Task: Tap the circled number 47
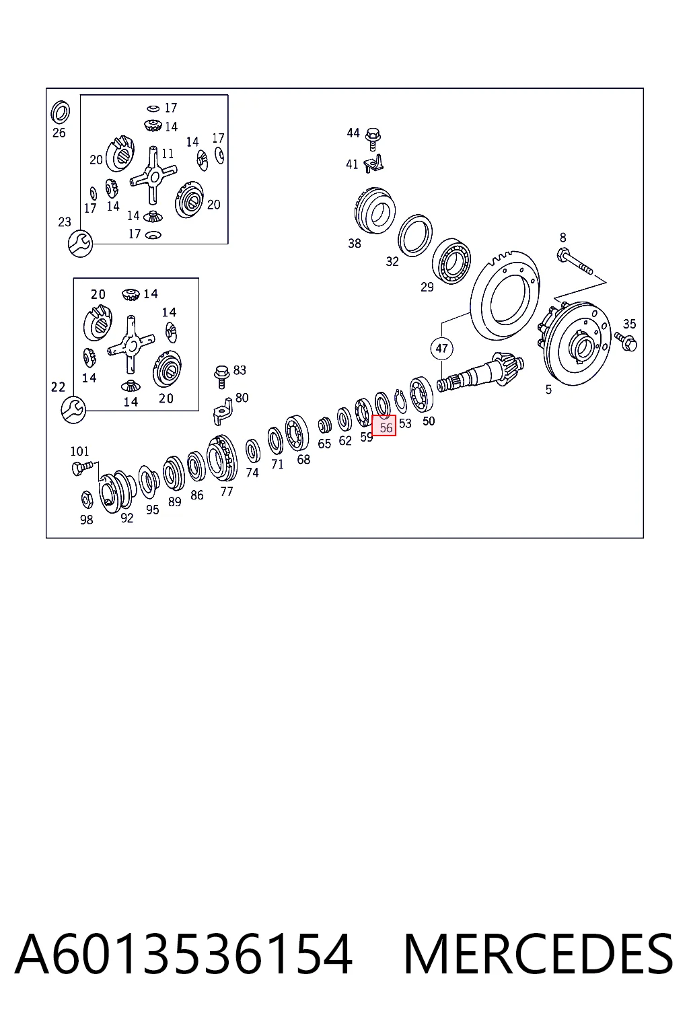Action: (x=441, y=349)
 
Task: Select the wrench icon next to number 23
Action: (x=80, y=244)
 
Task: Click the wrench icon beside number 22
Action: (x=73, y=409)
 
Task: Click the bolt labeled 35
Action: (x=626, y=341)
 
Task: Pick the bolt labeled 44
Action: (x=373, y=139)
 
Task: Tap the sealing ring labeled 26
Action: (x=60, y=112)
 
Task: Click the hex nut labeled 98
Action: (x=87, y=499)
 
